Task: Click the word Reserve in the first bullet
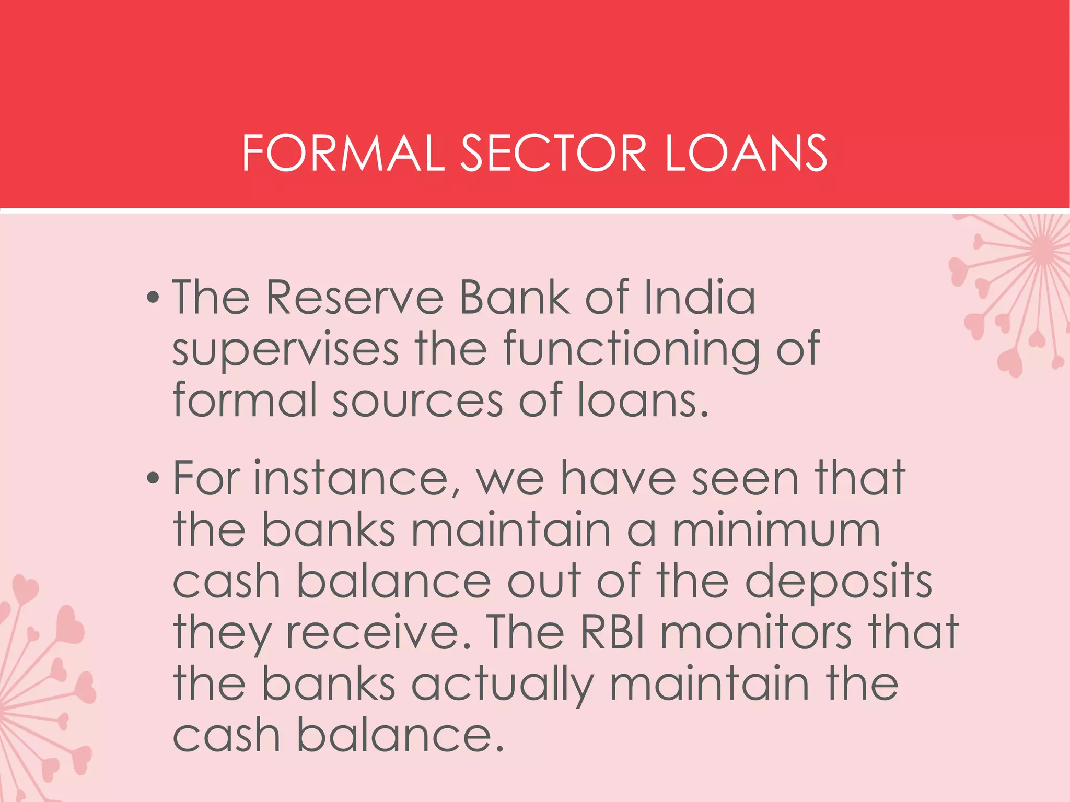pos(355,298)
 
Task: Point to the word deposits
pos(838,582)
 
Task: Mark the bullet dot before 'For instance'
pos(153,478)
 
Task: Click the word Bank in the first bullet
pos(514,298)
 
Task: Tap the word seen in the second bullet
pos(745,478)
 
